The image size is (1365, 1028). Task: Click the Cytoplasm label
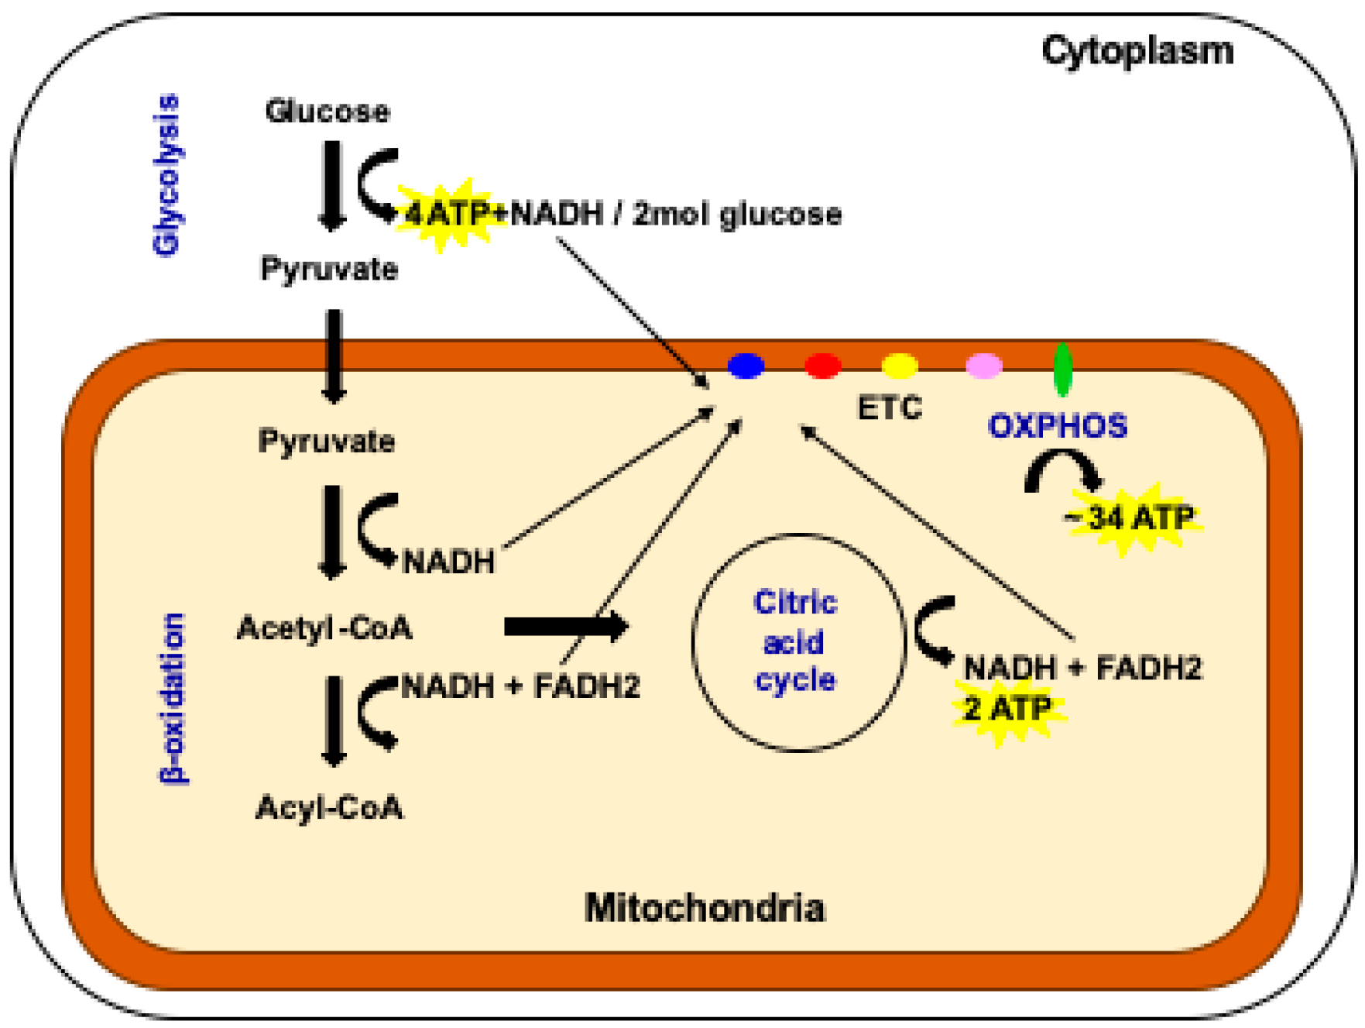coord(1137,52)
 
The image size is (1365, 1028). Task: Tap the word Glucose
coord(328,111)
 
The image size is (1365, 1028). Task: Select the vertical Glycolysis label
coord(167,175)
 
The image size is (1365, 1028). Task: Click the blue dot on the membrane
coord(746,365)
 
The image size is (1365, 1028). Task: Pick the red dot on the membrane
coord(822,365)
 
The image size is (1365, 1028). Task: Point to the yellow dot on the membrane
coord(900,365)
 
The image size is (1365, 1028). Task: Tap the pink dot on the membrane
coord(984,365)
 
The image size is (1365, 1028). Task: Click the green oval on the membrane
coord(1063,369)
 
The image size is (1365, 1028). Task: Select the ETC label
coord(890,407)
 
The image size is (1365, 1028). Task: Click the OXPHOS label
coord(1058,426)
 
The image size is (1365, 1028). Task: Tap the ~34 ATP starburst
coord(1133,517)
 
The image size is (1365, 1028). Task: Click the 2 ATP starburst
coord(1007,708)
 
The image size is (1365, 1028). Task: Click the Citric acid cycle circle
coord(798,642)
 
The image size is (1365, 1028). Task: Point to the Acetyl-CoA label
coord(324,627)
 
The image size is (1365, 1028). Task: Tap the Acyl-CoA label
coord(329,808)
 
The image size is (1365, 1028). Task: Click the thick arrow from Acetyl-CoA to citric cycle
coord(564,626)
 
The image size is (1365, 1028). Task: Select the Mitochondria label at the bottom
coord(705,908)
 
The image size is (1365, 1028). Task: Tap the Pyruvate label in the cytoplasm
coord(329,270)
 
